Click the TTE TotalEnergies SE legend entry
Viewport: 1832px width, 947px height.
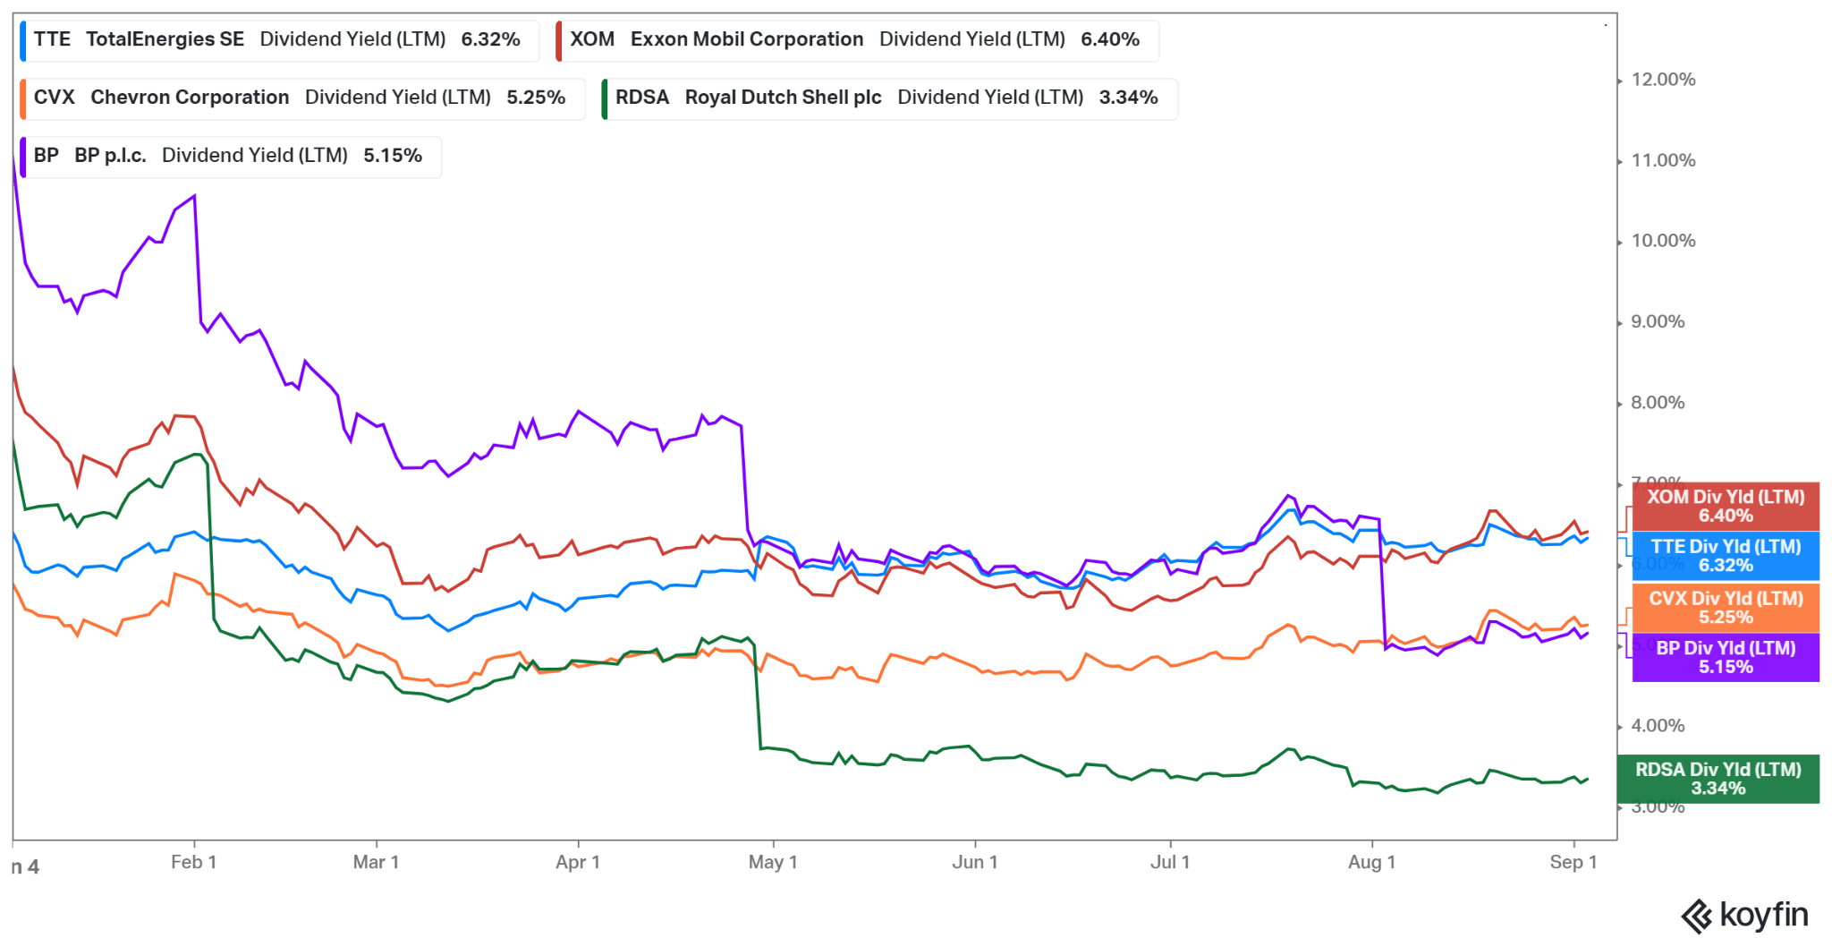pos(276,39)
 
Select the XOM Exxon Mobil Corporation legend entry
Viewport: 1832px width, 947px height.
pos(854,39)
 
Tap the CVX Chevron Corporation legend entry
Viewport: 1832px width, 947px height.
pos(299,98)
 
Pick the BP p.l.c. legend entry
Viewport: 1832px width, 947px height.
pos(227,156)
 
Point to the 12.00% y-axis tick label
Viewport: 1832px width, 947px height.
pos(1663,80)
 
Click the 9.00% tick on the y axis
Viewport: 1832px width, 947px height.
pos(1658,322)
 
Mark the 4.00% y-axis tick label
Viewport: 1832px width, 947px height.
pos(1658,726)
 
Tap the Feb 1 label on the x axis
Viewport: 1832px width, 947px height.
pos(193,862)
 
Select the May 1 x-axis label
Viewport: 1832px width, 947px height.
pos(773,862)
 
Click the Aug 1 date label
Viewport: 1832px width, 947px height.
pos(1371,862)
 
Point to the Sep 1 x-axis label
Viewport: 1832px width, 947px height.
pos(1573,862)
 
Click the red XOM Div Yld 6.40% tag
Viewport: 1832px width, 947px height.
pos(1726,507)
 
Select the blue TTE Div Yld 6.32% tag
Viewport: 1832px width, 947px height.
pos(1726,556)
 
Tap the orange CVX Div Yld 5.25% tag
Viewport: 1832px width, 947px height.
pos(1726,608)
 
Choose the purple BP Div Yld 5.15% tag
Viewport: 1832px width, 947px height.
pos(1726,658)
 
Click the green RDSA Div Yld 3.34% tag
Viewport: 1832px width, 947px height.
pos(1717,779)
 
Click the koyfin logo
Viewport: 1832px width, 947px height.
pos(1744,916)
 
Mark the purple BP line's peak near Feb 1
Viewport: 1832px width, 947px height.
pos(194,196)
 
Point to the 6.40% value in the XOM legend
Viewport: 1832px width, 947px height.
pos(1109,39)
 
